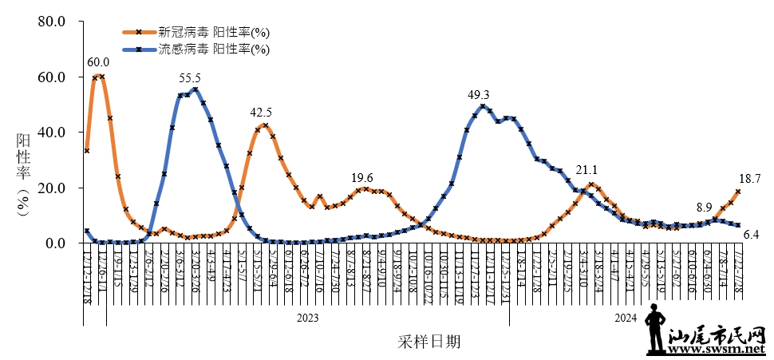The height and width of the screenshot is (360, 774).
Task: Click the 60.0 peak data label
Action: (x=98, y=62)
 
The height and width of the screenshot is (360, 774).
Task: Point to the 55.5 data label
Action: (x=190, y=78)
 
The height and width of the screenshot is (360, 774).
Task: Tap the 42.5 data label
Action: (x=261, y=113)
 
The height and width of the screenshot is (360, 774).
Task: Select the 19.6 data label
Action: (x=362, y=178)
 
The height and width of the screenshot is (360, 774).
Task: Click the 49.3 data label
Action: (x=478, y=95)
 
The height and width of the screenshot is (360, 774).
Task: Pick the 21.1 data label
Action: (x=586, y=170)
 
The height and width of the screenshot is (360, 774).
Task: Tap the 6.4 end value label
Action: (x=750, y=235)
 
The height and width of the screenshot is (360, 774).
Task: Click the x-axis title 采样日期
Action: (x=428, y=342)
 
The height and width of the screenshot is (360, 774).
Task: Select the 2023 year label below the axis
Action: (x=308, y=318)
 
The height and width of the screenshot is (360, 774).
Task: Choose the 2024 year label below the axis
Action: (x=626, y=318)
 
